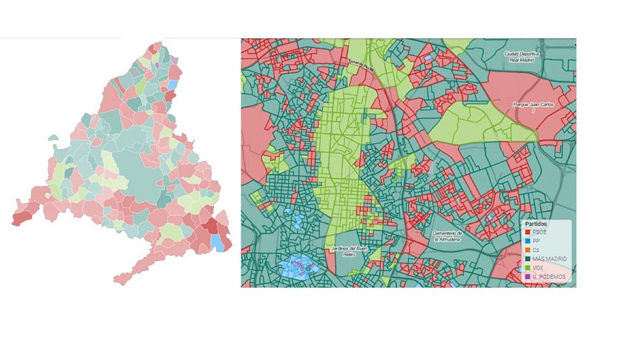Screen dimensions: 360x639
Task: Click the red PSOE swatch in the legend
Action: pos(527,231)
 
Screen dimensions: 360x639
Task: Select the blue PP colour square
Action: pos(527,241)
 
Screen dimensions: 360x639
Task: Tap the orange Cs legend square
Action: pos(527,250)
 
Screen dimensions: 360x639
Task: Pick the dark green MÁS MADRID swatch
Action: pos(527,258)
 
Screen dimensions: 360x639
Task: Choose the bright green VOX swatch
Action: pos(527,268)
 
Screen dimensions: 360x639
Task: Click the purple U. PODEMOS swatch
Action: pos(527,277)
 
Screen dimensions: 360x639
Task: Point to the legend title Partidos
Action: pos(535,223)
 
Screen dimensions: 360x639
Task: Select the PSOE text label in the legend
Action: pos(539,231)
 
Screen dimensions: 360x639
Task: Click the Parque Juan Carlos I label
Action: pos(532,106)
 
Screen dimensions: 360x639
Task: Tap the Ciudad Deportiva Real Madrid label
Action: pos(522,56)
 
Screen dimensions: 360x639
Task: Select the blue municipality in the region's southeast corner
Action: pos(217,242)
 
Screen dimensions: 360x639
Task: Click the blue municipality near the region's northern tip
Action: pos(172,84)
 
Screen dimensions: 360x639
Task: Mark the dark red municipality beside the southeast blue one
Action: pos(211,227)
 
